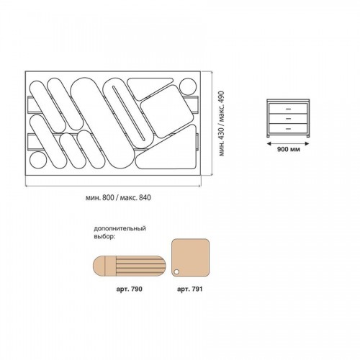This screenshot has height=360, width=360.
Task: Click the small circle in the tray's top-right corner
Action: pyautogui.click(x=188, y=87)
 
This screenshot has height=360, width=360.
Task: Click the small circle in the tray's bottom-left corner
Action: pyautogui.click(x=38, y=160)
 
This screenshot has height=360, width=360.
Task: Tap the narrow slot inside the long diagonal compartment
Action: pyautogui.click(x=128, y=113)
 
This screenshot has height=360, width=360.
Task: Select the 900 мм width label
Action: pyautogui.click(x=289, y=149)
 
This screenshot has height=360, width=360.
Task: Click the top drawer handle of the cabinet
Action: pyautogui.click(x=289, y=109)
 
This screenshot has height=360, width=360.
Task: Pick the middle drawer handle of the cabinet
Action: pyautogui.click(x=289, y=119)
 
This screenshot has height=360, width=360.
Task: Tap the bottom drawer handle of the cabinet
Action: pyautogui.click(x=289, y=129)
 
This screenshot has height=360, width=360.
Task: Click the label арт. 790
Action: pyautogui.click(x=129, y=289)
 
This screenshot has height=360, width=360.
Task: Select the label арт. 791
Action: pyautogui.click(x=190, y=289)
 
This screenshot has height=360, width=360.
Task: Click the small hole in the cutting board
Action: pyautogui.click(x=176, y=272)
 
